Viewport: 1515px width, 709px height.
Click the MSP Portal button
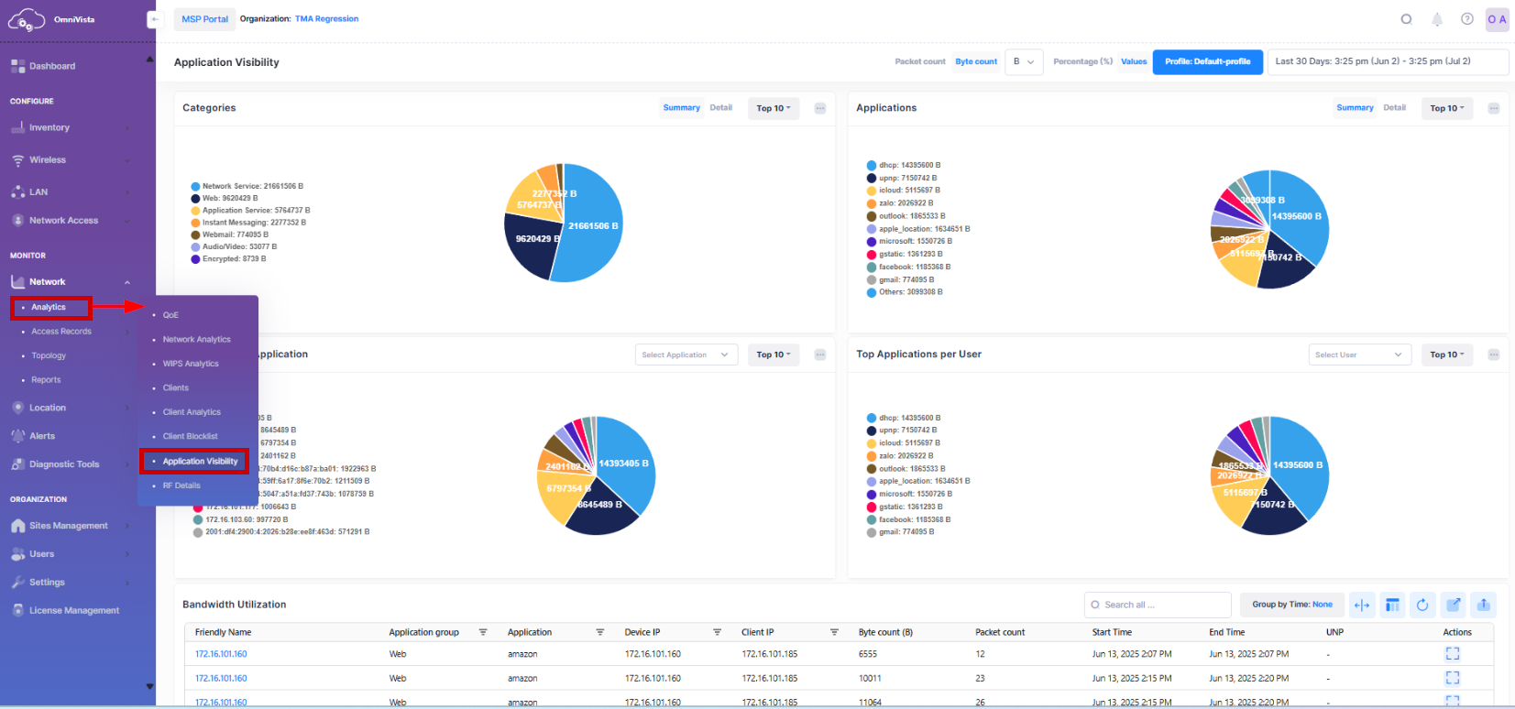204,19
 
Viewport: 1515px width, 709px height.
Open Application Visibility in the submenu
200,462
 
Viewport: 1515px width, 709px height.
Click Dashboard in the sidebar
52,66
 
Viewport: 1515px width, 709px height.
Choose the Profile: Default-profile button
1207,62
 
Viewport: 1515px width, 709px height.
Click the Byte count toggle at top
976,62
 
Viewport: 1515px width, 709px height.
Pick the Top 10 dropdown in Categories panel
774,108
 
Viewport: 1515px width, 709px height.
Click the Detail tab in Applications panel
1394,108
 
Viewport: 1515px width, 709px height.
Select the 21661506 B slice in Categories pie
591,224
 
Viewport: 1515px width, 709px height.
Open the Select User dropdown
1359,355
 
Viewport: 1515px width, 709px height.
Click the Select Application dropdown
686,355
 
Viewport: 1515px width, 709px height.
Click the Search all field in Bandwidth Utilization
1157,605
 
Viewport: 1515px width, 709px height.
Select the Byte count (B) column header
885,633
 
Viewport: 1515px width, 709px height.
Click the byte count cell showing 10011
870,679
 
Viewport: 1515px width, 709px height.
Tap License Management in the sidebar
73,611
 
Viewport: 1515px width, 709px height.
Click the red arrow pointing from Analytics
119,307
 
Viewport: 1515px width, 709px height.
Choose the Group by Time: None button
1292,605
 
